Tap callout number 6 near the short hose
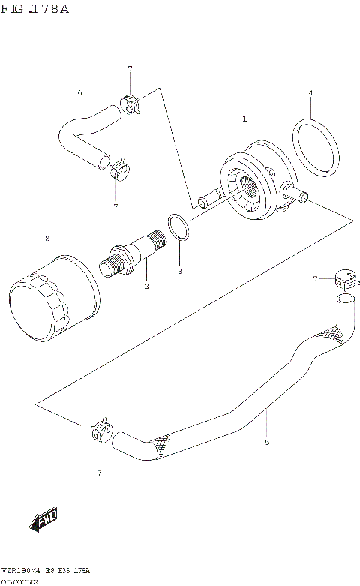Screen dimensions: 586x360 (x=79, y=93)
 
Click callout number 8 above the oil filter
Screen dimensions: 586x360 (x=46, y=238)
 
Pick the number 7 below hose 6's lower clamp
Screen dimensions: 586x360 (x=115, y=206)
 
